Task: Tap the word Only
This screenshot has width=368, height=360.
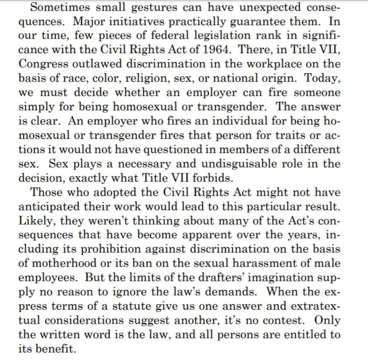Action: click(327, 320)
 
